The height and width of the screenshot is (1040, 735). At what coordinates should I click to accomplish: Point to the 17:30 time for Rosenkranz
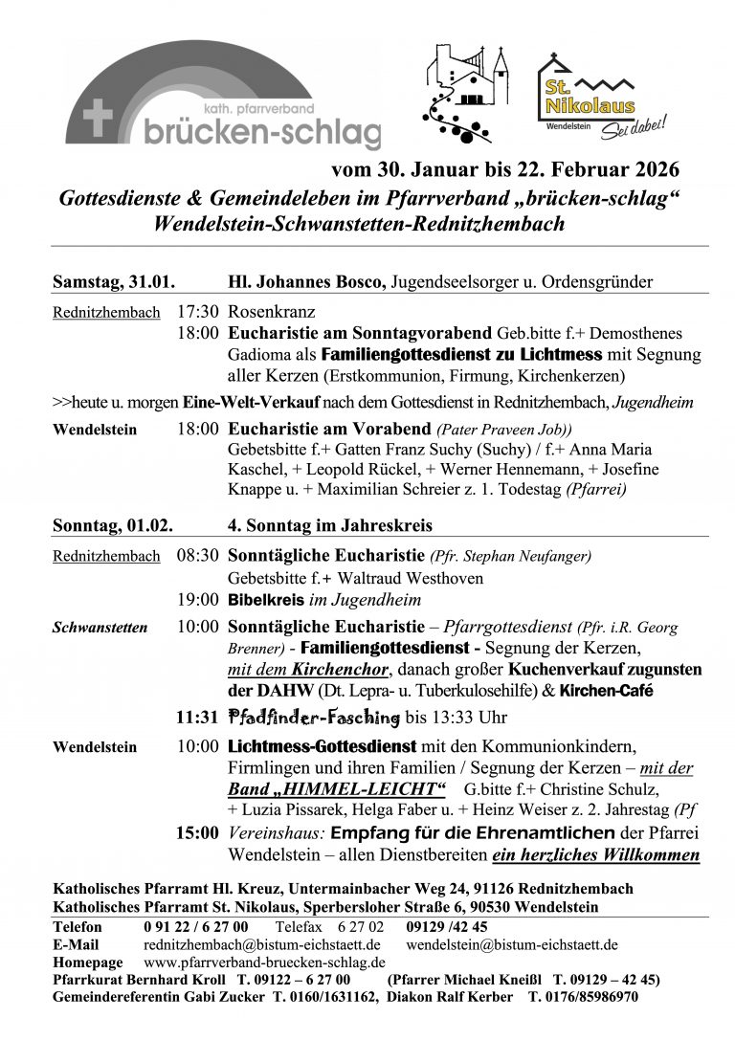[x=198, y=312]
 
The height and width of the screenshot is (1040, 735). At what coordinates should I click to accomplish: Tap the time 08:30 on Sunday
[x=198, y=555]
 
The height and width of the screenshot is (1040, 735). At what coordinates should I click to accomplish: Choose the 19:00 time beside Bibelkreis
[x=198, y=600]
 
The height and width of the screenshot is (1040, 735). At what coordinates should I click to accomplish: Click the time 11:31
[x=198, y=717]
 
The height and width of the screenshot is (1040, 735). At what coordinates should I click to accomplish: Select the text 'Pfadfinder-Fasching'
[x=313, y=717]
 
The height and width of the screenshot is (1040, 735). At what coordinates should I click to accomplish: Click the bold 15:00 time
[x=198, y=833]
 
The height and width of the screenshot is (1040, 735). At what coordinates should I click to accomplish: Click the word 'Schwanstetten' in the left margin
[x=100, y=629]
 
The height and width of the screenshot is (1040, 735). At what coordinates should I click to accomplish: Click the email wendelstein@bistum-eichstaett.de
[x=512, y=944]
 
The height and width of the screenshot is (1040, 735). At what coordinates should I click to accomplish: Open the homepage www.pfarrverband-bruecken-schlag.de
[x=264, y=962]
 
